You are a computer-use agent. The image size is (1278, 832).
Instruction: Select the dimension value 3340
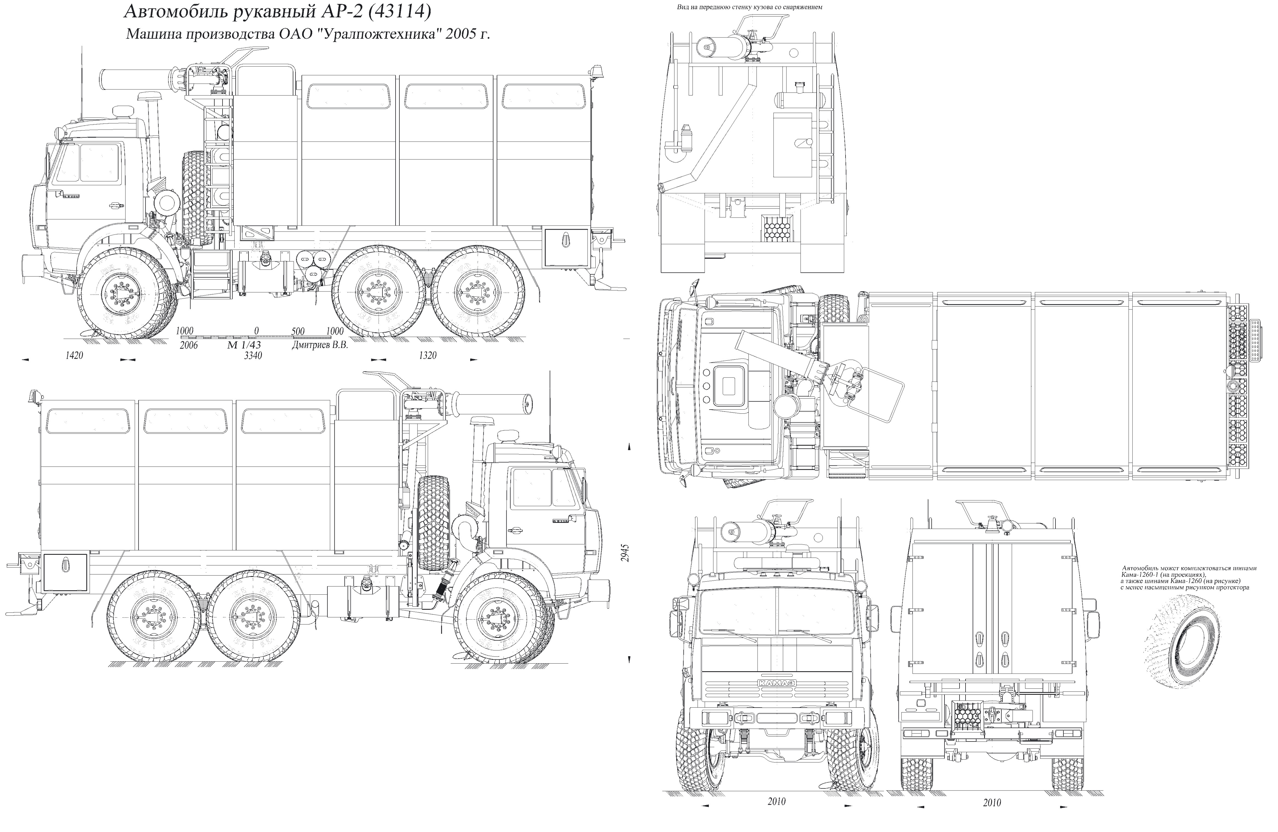(253, 355)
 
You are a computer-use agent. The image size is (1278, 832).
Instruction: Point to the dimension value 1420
(74, 355)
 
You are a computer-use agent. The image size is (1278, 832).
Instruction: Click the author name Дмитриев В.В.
(320, 345)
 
